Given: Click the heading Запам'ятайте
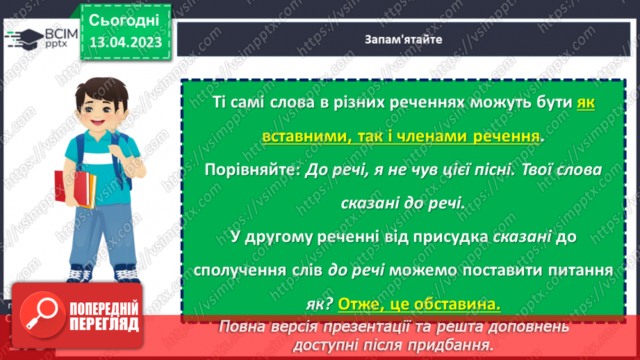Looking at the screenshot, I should [x=403, y=40].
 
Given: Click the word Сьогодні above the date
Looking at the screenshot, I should [x=124, y=19].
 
